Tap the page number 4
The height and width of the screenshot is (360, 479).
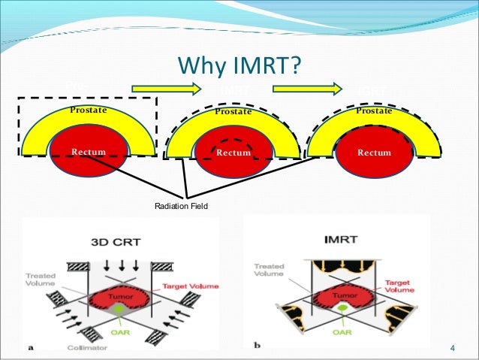453,347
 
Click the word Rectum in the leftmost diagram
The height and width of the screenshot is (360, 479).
89,153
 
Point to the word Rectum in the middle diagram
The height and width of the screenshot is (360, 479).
233,153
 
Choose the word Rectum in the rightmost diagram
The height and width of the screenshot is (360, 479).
374,153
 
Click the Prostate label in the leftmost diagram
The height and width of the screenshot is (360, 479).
88,110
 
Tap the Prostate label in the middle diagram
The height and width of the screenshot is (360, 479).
233,112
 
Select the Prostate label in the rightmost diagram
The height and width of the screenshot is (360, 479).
374,110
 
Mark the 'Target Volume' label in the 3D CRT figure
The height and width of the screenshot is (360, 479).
185,287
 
